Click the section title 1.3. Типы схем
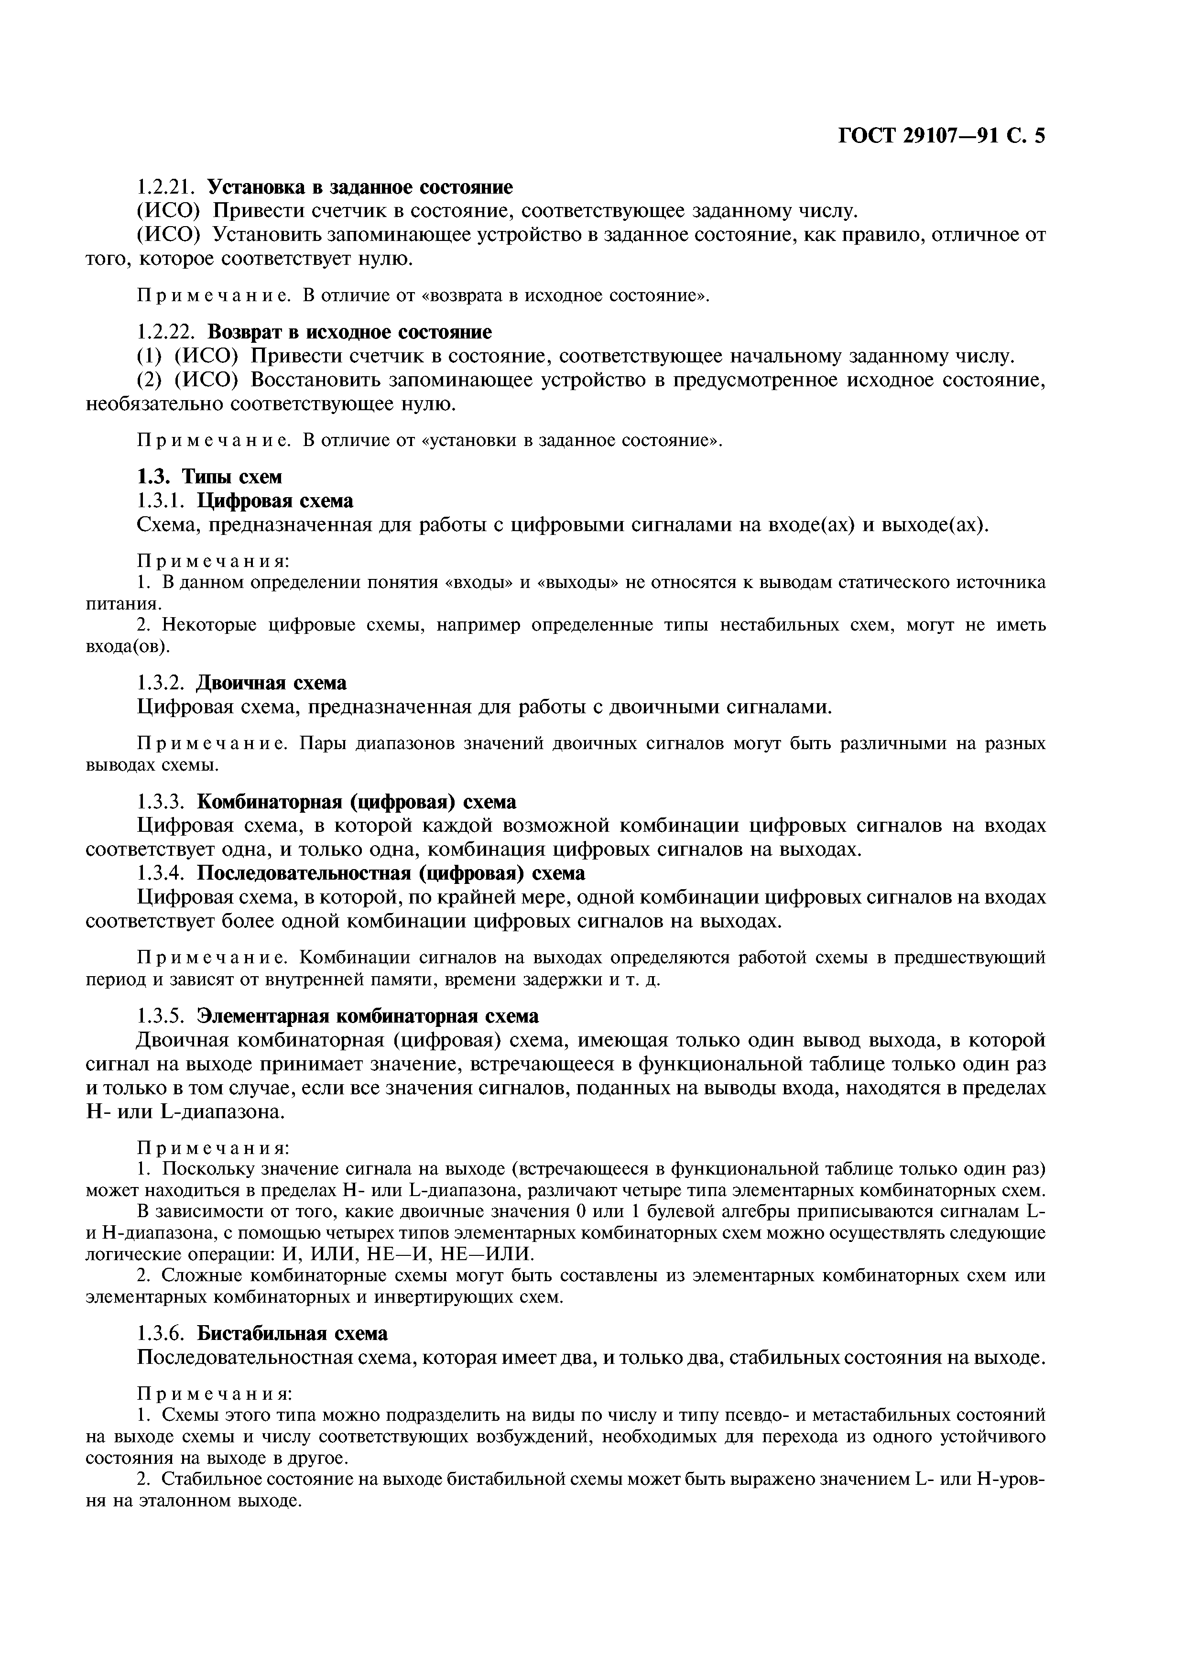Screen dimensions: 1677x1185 tap(209, 477)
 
